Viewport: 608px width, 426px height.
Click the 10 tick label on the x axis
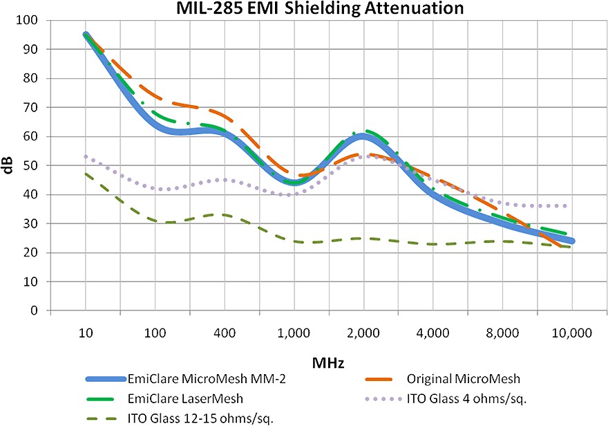[86, 333]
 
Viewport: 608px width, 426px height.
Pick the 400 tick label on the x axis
[225, 333]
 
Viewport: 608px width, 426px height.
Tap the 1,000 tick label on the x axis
[294, 333]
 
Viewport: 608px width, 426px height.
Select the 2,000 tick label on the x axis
[363, 333]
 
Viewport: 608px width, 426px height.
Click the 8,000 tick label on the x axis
[502, 333]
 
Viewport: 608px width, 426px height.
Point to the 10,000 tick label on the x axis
[571, 333]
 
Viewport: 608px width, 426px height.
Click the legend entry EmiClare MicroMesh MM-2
[187, 379]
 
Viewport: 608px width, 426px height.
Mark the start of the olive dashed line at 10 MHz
[86, 174]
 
